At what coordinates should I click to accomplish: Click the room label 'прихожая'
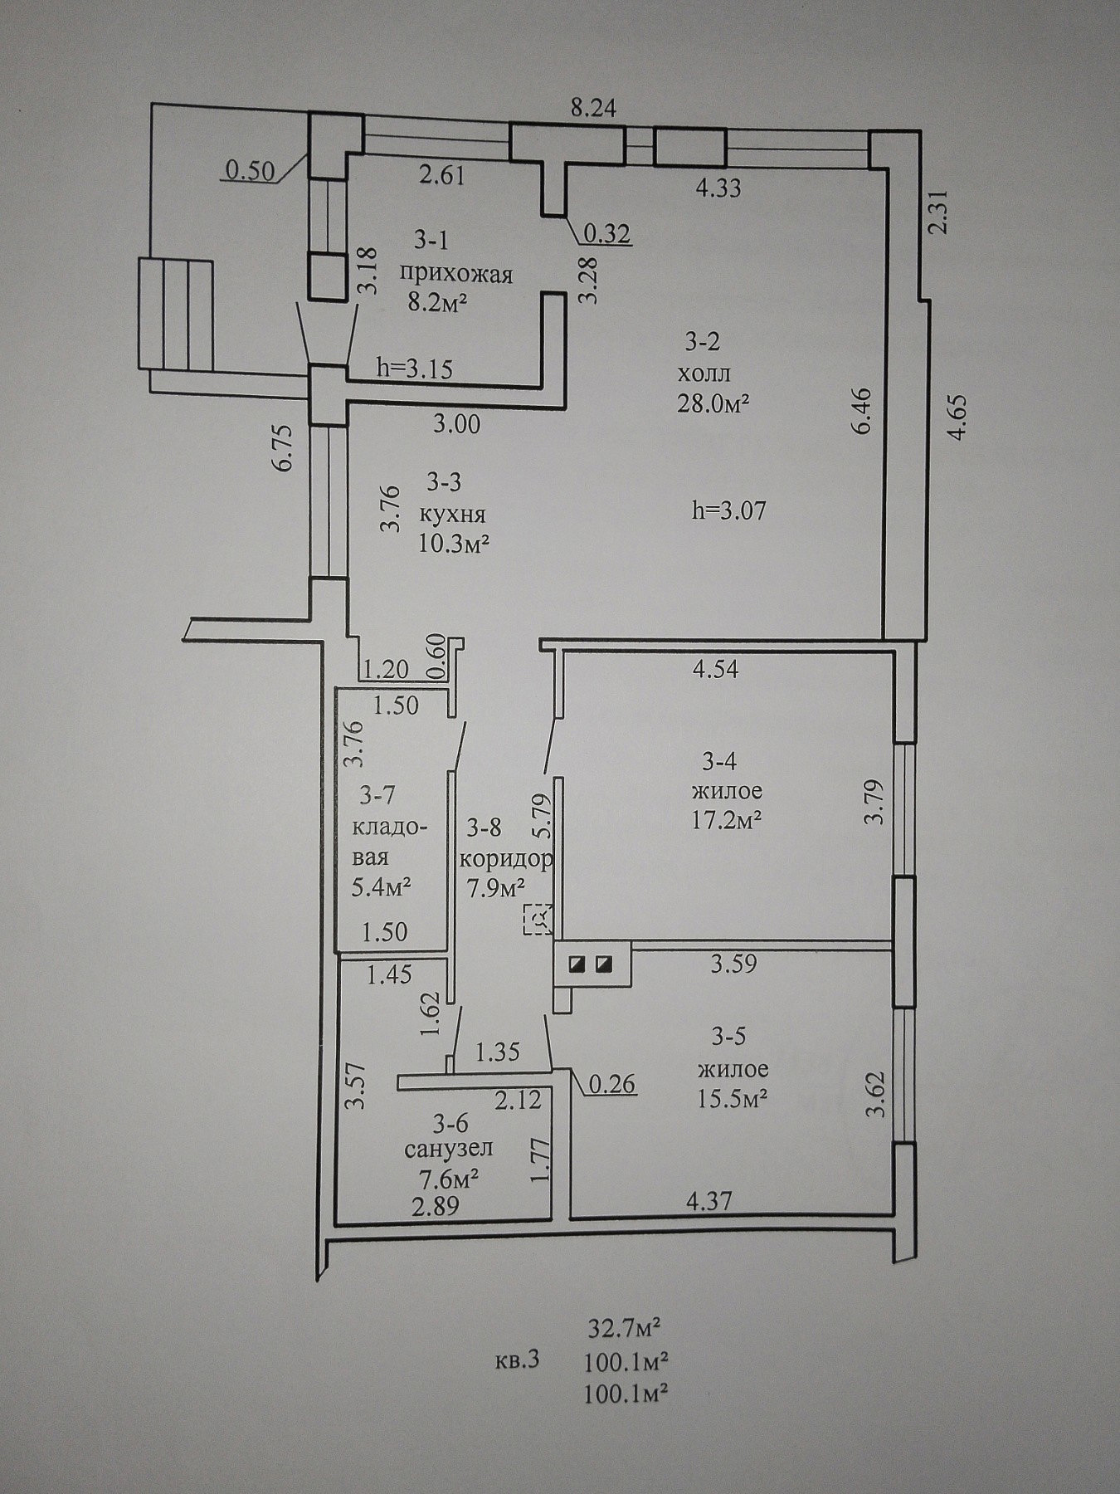[x=455, y=274]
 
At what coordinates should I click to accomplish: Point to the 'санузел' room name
[x=449, y=1149]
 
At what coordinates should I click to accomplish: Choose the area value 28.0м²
[x=713, y=403]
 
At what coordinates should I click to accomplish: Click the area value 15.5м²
[x=730, y=1098]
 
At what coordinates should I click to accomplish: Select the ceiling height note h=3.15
[x=414, y=369]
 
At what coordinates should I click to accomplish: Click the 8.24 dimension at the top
[x=596, y=109]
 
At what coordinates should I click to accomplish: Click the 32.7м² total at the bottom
[x=625, y=1330]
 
